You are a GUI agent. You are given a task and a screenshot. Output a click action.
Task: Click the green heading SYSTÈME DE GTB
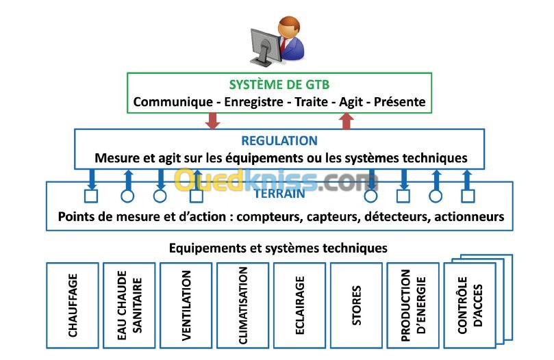click(x=279, y=86)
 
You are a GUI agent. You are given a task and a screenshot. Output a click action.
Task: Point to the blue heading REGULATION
click(x=279, y=141)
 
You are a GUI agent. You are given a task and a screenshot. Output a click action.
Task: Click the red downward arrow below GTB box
click(x=213, y=120)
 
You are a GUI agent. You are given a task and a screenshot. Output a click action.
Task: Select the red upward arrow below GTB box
click(x=347, y=120)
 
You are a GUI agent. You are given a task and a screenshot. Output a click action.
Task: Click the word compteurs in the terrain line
click(x=264, y=218)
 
